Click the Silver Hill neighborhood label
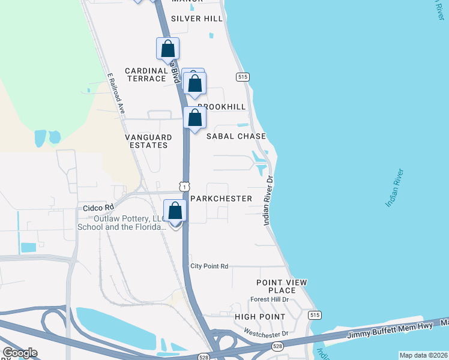click(x=196, y=19)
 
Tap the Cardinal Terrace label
click(x=146, y=74)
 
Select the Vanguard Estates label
click(x=146, y=141)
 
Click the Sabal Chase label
click(x=236, y=136)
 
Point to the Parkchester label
click(x=221, y=198)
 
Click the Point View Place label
click(x=281, y=286)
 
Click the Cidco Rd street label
click(x=98, y=208)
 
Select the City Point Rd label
click(x=209, y=266)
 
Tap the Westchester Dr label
click(x=266, y=332)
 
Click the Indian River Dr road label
click(x=268, y=200)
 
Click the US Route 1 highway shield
click(x=184, y=187)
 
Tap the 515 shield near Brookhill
click(x=243, y=77)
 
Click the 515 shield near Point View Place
click(x=314, y=315)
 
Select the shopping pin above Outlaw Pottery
click(x=175, y=211)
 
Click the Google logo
click(x=20, y=353)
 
